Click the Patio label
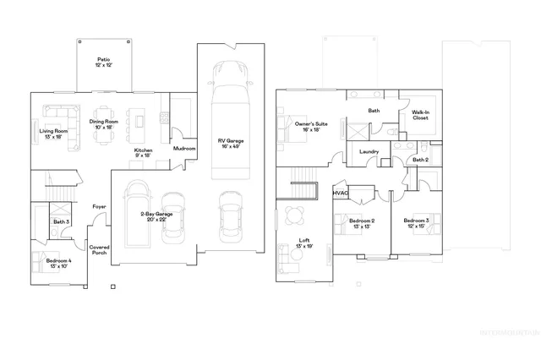point(103,62)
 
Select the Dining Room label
point(106,124)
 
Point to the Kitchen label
point(144,153)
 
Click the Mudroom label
point(184,149)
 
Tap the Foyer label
point(99,205)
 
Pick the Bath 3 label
point(61,222)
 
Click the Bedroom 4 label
point(58,264)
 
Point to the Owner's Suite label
point(307,127)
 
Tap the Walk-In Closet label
point(420,115)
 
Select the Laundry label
point(369,151)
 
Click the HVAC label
point(341,194)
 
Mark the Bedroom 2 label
point(362,224)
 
